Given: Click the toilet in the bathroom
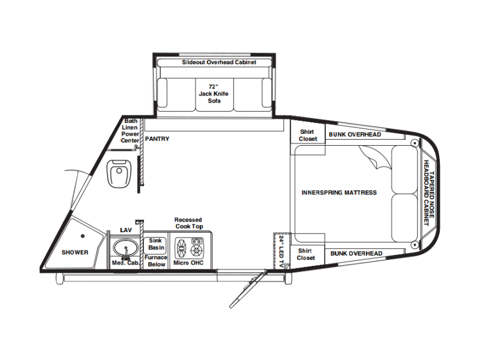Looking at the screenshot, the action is (x=119, y=173).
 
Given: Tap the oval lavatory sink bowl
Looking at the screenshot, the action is (x=125, y=247).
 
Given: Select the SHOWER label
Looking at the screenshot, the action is (x=75, y=253).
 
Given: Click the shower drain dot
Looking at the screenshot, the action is (x=83, y=236).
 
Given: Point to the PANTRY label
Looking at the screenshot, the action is (x=157, y=139).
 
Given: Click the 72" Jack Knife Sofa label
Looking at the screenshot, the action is (x=214, y=94).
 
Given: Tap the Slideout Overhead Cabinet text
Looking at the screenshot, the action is (x=219, y=62).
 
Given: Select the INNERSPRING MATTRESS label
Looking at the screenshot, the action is (x=339, y=193).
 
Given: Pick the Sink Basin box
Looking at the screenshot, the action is (x=155, y=245).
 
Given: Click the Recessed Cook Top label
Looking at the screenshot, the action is (x=188, y=223).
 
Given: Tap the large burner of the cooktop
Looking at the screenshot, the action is (x=181, y=248).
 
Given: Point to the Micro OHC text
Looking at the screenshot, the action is (x=188, y=263).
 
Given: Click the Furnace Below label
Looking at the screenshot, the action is (x=156, y=261).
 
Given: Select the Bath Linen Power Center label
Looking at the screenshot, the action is (x=130, y=131).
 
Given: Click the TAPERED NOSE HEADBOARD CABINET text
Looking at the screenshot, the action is (x=428, y=193).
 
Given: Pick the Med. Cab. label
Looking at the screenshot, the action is (x=125, y=263).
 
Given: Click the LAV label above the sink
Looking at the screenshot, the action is (x=126, y=230).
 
